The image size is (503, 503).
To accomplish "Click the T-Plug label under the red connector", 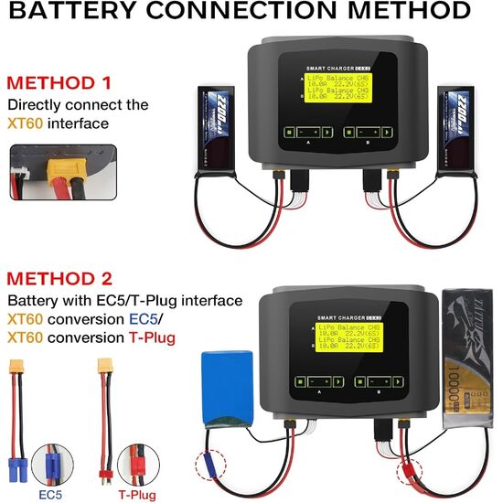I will pyautogui.click(x=134, y=494).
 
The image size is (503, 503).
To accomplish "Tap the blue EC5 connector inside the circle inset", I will pyautogui.click(x=51, y=466).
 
